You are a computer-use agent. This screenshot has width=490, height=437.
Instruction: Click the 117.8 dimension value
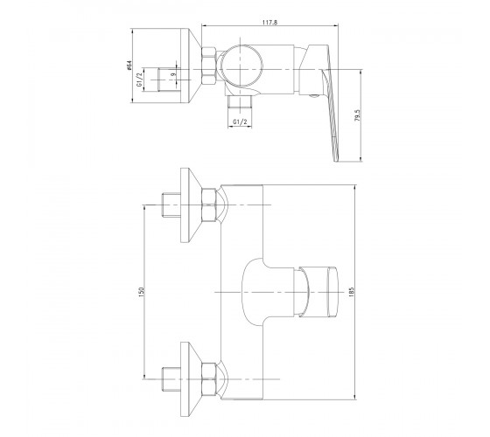[270, 22]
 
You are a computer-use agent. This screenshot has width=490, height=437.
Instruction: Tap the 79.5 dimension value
[358, 115]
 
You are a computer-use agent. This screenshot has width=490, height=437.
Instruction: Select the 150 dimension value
[141, 292]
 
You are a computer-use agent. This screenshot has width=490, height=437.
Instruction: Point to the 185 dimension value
[352, 292]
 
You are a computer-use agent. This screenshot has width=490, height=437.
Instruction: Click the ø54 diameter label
[129, 66]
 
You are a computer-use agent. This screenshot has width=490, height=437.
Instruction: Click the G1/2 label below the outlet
[240, 122]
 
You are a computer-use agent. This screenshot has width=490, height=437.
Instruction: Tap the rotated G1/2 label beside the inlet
[139, 80]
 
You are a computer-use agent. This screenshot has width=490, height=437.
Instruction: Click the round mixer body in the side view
[241, 66]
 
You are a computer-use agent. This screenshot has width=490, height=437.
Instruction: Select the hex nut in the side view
[209, 66]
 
